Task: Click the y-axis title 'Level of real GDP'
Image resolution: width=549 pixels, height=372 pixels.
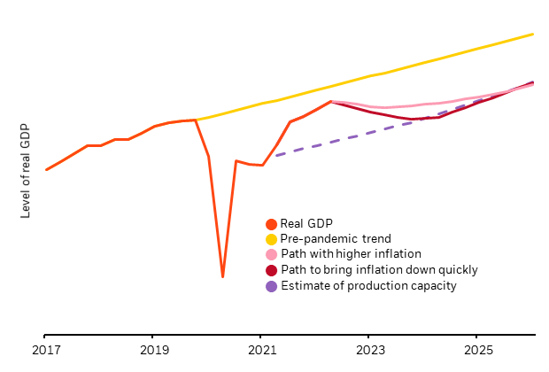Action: pyautogui.click(x=26, y=171)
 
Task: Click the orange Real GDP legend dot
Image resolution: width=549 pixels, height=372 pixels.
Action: pyautogui.click(x=271, y=224)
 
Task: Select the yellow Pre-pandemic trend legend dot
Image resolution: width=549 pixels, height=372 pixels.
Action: pyautogui.click(x=271, y=239)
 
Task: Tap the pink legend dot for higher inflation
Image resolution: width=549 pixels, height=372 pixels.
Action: pyautogui.click(x=271, y=254)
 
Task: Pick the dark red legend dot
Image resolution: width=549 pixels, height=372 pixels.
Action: pyautogui.click(x=271, y=270)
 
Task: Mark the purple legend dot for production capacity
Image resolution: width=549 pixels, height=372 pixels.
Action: pyautogui.click(x=271, y=286)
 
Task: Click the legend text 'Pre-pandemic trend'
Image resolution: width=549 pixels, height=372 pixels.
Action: pyautogui.click(x=335, y=239)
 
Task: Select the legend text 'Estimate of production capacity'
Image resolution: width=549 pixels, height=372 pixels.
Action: pyautogui.click(x=367, y=286)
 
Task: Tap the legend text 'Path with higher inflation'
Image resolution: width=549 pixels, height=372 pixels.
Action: pyautogui.click(x=350, y=254)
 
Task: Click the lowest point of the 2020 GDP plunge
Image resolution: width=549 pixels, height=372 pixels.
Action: pyautogui.click(x=222, y=277)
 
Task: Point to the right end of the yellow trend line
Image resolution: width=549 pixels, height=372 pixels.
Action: pyautogui.click(x=533, y=34)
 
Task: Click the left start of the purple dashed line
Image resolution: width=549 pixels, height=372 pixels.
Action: pyautogui.click(x=276, y=156)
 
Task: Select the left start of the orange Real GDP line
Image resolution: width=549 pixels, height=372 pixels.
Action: pyautogui.click(x=46, y=169)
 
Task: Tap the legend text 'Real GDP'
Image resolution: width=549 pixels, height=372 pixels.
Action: pyautogui.click(x=305, y=224)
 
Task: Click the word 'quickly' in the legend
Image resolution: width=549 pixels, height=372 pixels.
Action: pyautogui.click(x=457, y=270)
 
